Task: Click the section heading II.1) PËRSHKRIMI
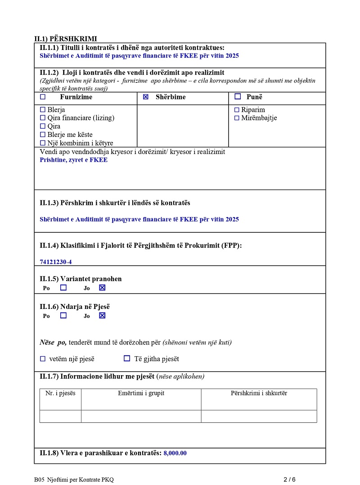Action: [66, 39]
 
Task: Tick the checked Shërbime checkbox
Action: [145, 97]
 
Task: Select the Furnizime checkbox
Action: [43, 97]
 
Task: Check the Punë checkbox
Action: [238, 97]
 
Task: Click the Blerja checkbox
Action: [43, 110]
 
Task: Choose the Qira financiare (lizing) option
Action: [43, 118]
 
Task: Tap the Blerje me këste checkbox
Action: [43, 135]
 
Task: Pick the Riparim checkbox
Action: [237, 110]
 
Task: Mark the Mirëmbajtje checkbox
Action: [237, 118]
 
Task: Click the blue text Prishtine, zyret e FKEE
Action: [73, 160]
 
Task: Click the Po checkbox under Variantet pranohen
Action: [63, 287]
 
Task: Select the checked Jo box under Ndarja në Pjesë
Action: [102, 316]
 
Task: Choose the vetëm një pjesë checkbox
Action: [43, 359]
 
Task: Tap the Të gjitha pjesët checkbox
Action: [127, 358]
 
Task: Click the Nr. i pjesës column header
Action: [60, 393]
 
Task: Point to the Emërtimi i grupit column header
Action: [141, 393]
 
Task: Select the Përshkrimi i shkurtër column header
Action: [259, 393]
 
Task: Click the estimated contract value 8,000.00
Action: [175, 453]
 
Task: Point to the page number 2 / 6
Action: [289, 479]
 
